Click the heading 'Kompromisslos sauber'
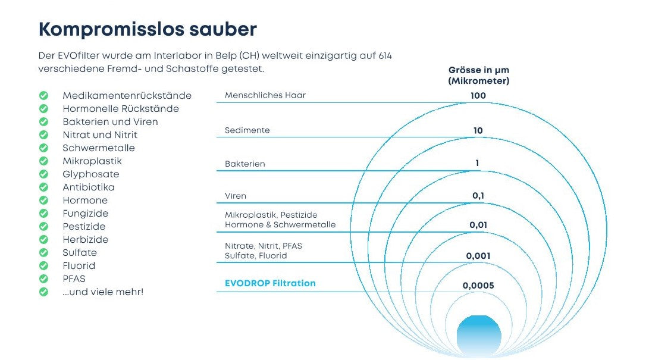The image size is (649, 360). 148,29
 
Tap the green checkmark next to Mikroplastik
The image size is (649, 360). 43,161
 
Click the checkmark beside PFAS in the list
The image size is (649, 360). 43,278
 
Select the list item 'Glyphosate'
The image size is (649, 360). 90,174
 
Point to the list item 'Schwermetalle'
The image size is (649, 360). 99,148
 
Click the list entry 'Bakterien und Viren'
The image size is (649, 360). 110,121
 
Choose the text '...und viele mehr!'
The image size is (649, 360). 103,292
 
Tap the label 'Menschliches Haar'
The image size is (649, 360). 265,95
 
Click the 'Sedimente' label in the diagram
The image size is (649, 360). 247,130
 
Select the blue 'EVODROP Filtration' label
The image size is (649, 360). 270,283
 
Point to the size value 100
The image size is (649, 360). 478,96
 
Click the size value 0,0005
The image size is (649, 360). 478,286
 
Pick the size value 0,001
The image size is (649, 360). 478,256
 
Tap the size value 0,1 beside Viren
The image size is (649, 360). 478,196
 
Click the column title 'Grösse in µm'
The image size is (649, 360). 478,70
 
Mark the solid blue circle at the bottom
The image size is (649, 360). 479,336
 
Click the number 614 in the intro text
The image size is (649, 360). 385,56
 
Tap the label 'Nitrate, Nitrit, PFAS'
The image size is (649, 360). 264,246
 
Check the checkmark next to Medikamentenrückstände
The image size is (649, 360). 43,96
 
